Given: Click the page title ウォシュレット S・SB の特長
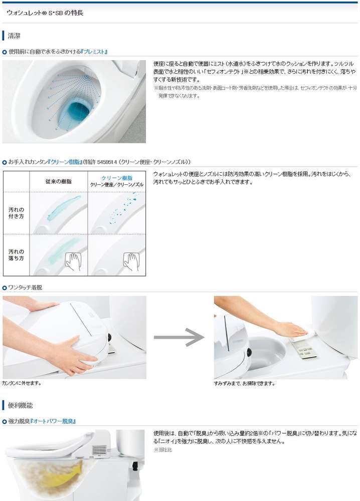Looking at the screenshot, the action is pos(45,13).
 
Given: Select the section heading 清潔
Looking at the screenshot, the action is pos(14,36).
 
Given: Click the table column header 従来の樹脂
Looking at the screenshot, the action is pos(59,181).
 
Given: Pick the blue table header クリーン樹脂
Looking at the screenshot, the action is pos(117,178).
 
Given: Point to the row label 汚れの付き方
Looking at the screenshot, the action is pos(17,213).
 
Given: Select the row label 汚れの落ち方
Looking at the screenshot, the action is pos(17,255).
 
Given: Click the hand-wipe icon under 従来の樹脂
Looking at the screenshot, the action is pos(73,262).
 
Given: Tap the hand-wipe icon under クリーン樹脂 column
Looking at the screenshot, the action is pos(131,262).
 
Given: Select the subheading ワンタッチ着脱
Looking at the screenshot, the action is pos(25,288).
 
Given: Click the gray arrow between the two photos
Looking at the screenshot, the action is pos(178,337).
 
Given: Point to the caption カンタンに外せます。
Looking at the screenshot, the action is pos(22,383).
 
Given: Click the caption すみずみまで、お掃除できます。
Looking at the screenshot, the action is pos(244,383).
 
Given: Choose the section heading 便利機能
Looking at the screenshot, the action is pos(20,405).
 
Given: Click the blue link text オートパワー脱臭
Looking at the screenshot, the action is pos(53,421).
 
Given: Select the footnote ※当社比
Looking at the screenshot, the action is pos(163,450).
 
